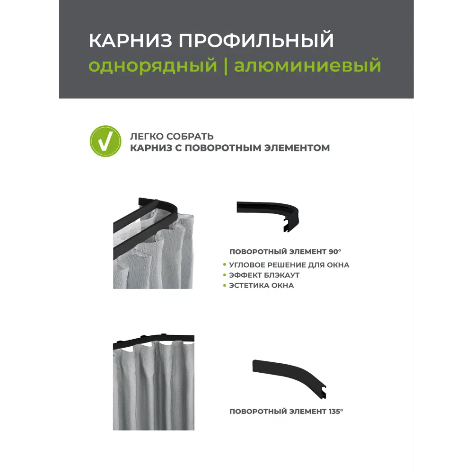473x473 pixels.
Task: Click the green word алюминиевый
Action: click(307, 65)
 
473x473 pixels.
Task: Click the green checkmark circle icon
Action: click(105, 141)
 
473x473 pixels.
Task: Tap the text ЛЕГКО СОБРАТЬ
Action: click(172, 136)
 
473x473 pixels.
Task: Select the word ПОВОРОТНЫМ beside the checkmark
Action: click(222, 148)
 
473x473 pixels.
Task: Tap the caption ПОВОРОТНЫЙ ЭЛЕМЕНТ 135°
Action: click(286, 412)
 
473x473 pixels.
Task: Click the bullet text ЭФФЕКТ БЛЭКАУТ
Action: click(264, 275)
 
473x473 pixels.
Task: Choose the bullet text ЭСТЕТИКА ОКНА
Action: click(262, 286)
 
